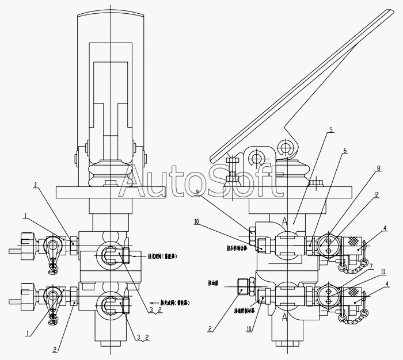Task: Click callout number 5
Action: pyautogui.click(x=330, y=131)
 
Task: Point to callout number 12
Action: pyautogui.click(x=375, y=195)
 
